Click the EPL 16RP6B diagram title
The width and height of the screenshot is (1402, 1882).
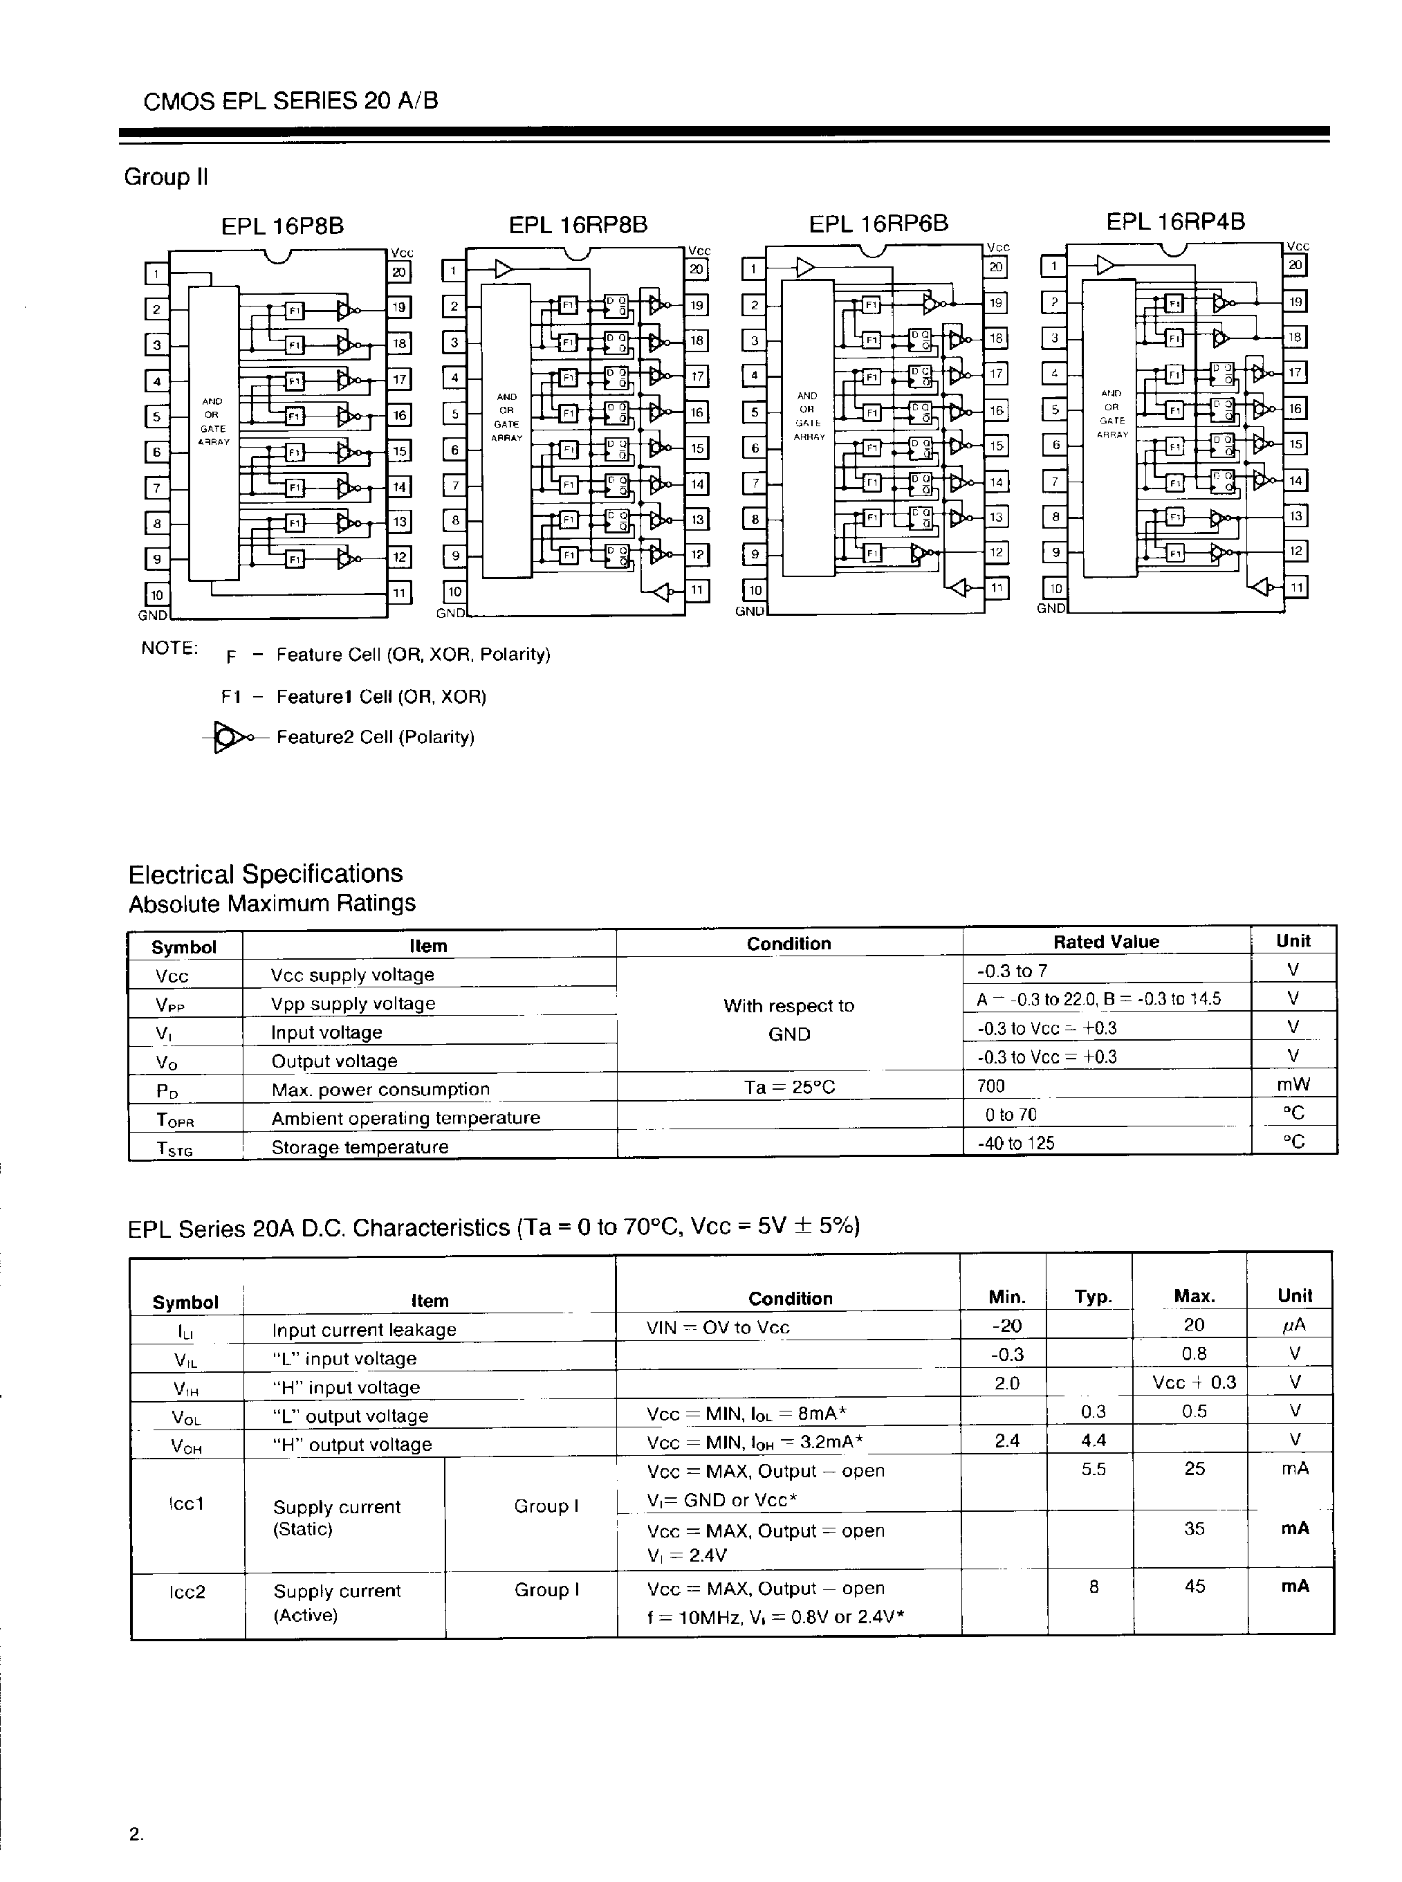[878, 224]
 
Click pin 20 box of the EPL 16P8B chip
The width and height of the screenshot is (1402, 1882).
[399, 272]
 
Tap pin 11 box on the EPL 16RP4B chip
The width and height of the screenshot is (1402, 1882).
[1296, 587]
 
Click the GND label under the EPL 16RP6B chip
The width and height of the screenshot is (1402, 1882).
[749, 611]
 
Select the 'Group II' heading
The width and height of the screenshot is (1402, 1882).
[165, 177]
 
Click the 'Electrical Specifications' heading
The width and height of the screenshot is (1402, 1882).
[265, 873]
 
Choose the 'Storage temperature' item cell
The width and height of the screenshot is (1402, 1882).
[359, 1147]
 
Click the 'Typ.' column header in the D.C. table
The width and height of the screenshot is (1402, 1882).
[1092, 1297]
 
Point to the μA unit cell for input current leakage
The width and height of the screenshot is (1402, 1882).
[1294, 1325]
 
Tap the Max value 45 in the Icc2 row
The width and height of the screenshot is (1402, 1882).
[1194, 1586]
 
